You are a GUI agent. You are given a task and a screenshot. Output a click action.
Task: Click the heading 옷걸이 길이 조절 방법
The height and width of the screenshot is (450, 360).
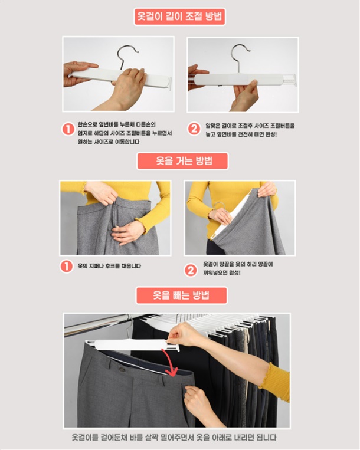point(180,17)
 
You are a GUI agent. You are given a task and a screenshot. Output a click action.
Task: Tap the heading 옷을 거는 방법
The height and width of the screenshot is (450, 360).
point(182,161)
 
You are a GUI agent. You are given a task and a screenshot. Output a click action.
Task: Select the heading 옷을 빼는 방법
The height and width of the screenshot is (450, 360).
point(181,295)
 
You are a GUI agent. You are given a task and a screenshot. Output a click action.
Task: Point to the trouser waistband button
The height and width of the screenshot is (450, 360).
point(122,369)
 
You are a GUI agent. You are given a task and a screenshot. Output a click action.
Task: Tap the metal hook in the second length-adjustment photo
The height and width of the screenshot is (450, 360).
point(240,57)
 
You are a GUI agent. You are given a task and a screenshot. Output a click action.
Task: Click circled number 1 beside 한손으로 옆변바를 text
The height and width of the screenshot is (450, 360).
point(68,129)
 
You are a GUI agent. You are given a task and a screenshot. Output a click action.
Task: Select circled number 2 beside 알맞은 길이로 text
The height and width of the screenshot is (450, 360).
point(194,129)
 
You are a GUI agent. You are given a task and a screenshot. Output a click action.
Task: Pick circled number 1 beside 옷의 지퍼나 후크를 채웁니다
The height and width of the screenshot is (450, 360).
point(66,267)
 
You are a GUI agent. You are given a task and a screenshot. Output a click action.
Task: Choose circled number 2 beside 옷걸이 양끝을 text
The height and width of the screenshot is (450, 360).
point(191,270)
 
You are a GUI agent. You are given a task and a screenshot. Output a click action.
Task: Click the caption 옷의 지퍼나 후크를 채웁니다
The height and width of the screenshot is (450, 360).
point(109,266)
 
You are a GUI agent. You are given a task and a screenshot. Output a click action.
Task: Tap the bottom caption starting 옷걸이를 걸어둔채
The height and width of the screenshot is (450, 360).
point(174,438)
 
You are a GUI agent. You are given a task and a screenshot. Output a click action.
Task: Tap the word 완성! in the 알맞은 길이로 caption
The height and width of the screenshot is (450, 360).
point(270,134)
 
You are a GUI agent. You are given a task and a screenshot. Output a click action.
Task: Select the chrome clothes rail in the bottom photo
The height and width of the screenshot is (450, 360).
point(95,325)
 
